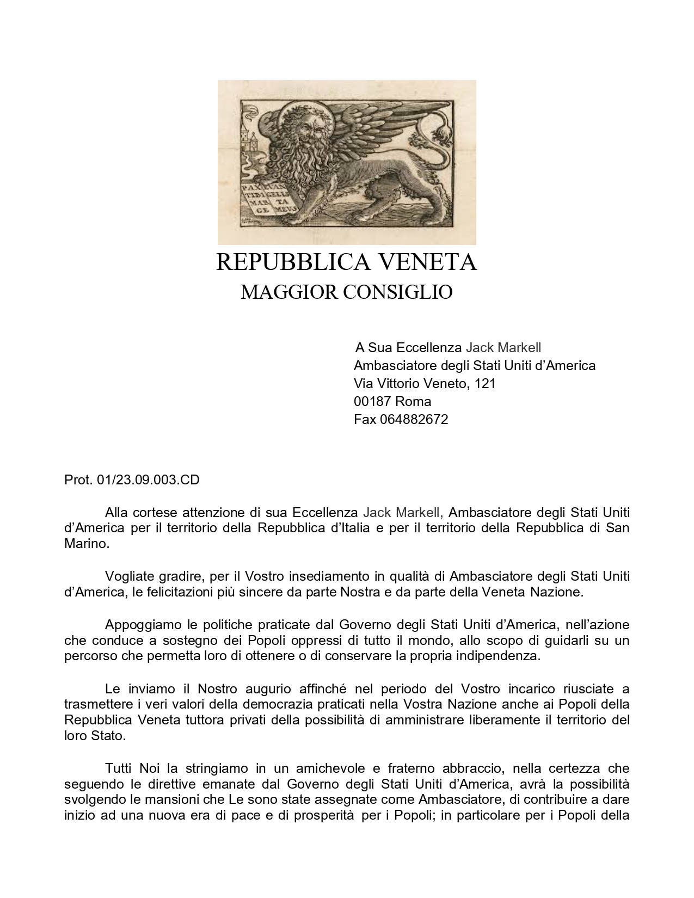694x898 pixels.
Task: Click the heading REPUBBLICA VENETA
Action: tap(346, 262)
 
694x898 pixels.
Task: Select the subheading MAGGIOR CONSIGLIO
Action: tap(346, 292)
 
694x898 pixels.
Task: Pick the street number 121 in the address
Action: tap(485, 384)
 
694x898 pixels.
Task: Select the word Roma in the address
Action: tap(413, 402)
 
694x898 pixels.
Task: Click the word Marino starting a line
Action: tap(87, 544)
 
